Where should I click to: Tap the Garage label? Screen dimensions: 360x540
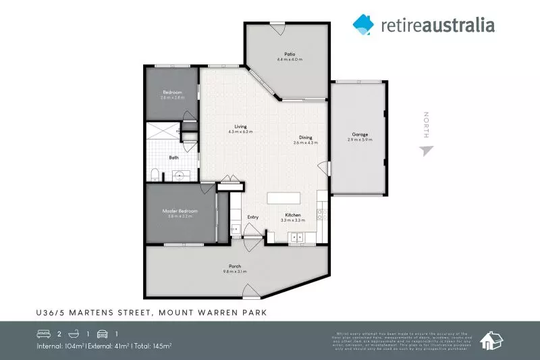click(360, 134)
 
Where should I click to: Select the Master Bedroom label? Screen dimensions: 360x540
click(180, 211)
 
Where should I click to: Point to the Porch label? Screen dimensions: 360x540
click(234, 266)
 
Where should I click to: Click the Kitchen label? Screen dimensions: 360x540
click(292, 214)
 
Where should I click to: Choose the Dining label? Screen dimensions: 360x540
click(306, 138)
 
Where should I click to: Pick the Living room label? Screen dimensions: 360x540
click(240, 127)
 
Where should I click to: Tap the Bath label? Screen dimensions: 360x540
click(173, 157)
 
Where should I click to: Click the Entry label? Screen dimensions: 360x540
click(253, 217)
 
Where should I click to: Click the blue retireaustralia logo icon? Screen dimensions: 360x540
click(363, 24)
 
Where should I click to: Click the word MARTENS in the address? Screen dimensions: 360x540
click(92, 312)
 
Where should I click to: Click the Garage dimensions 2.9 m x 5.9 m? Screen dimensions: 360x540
click(360, 140)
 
